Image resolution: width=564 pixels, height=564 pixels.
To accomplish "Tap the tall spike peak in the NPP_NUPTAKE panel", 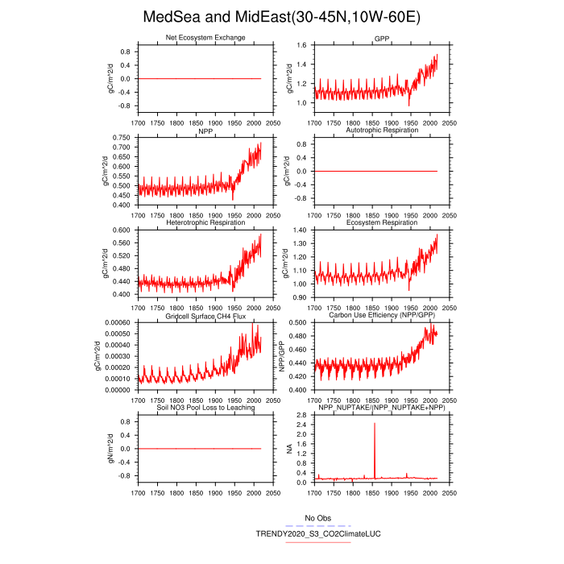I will [x=375, y=424].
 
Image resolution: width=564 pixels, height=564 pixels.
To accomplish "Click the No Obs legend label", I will [x=318, y=517].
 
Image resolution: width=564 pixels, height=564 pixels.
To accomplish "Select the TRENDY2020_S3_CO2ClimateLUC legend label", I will [x=318, y=533].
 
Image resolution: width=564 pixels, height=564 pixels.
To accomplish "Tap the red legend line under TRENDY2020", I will [x=318, y=542].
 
